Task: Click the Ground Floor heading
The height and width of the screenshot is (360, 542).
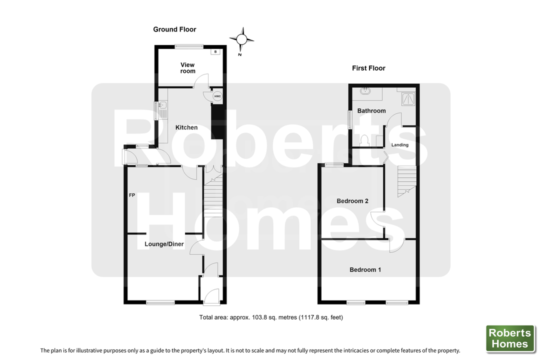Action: (x=174, y=29)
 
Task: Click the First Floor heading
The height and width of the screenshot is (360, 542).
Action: (x=368, y=68)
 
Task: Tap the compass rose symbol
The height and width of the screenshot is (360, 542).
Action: (x=241, y=40)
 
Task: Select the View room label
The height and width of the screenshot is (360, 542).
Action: (x=187, y=68)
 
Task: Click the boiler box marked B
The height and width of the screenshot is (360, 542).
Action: (x=215, y=52)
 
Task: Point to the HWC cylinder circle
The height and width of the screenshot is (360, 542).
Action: (x=217, y=96)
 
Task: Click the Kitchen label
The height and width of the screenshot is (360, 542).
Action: (x=186, y=127)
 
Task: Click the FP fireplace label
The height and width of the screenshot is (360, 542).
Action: (x=131, y=195)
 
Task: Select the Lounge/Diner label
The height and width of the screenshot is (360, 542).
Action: (x=164, y=244)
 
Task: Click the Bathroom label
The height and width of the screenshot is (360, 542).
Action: (x=371, y=110)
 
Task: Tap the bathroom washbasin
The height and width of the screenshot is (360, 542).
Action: (x=365, y=91)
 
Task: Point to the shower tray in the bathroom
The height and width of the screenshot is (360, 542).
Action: (x=408, y=99)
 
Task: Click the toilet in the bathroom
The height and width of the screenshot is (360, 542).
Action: (x=363, y=140)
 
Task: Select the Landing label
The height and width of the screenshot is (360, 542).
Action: (x=399, y=145)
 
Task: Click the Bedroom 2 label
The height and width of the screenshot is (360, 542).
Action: (x=352, y=201)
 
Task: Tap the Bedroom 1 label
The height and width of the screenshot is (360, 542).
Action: (x=365, y=269)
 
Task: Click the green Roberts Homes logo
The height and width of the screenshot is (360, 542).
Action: (x=510, y=338)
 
